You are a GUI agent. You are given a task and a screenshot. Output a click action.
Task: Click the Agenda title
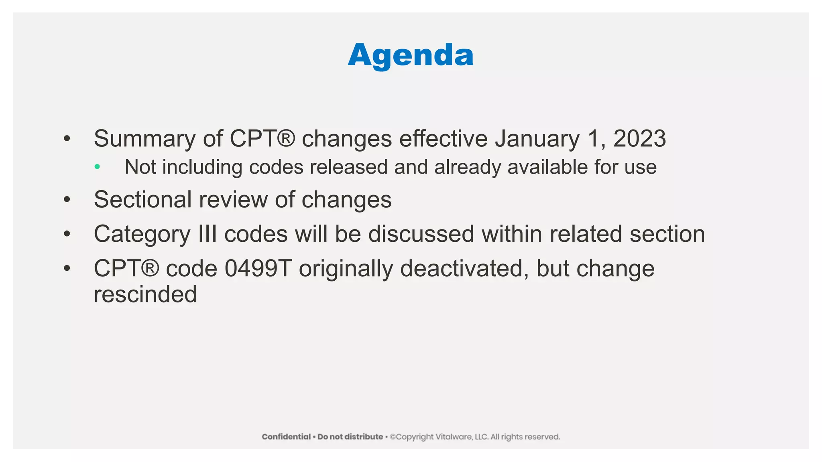point(411,55)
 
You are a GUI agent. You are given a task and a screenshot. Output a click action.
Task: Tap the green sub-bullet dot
point(97,166)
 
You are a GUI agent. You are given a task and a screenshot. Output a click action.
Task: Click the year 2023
point(639,139)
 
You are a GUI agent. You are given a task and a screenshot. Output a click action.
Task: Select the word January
point(537,139)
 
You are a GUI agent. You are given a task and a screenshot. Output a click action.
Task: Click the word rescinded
point(145,294)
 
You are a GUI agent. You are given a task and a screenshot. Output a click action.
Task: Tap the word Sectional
point(142,199)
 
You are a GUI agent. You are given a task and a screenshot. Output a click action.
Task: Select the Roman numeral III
point(208,234)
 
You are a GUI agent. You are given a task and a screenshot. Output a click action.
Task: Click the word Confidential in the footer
point(286,437)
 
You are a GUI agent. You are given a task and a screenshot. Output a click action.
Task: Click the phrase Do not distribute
point(350,437)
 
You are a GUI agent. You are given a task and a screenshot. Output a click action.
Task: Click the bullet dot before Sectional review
point(67,199)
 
